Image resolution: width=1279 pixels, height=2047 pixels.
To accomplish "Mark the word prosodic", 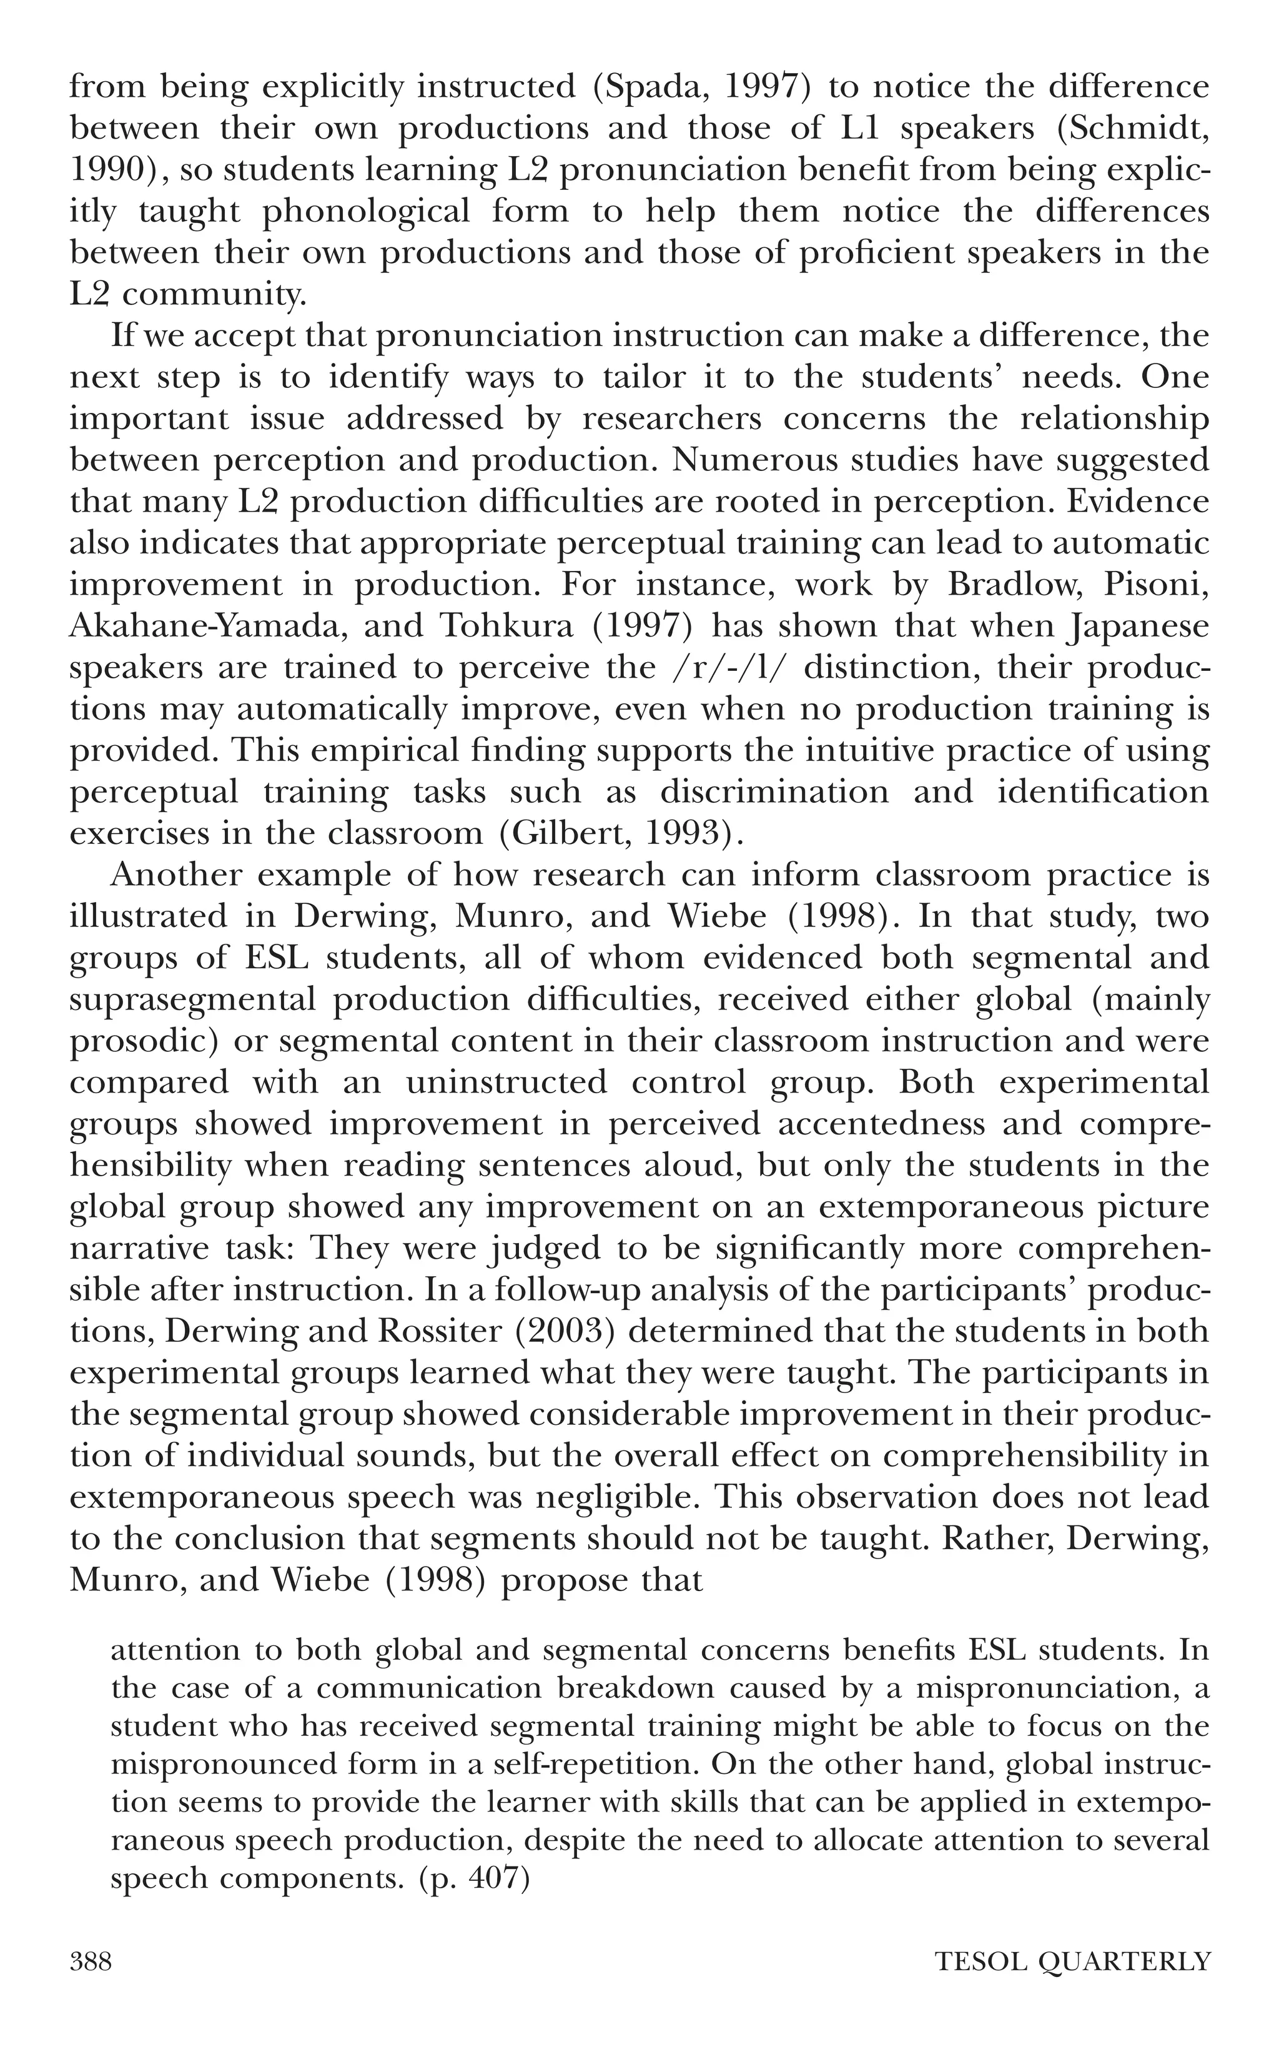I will (139, 1041).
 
